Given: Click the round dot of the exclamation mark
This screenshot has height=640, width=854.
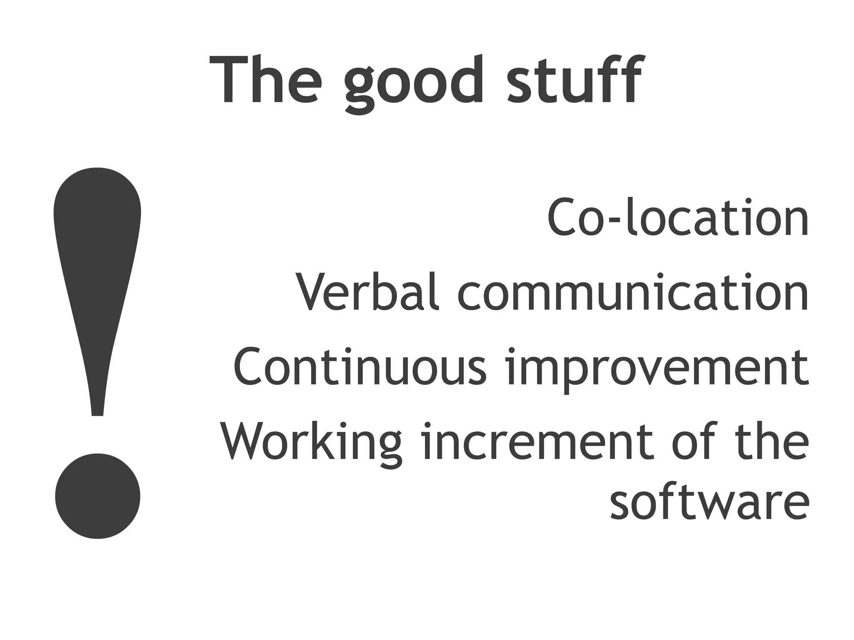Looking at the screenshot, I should pos(98,496).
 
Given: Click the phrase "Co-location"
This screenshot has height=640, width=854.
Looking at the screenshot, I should pos(677,218).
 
